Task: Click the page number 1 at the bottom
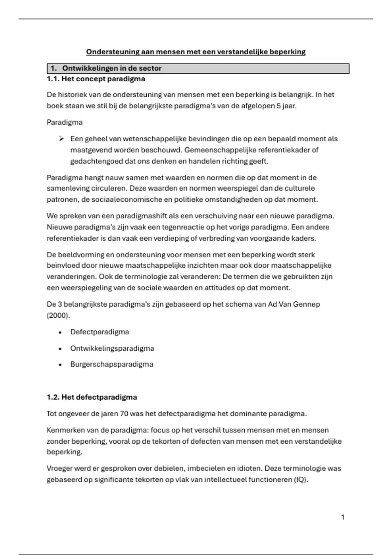point(343,517)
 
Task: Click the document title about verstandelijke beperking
point(196,52)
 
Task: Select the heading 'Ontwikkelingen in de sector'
point(112,69)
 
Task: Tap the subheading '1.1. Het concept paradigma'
point(96,79)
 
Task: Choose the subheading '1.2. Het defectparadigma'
point(92,397)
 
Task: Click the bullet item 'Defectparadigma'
point(100,332)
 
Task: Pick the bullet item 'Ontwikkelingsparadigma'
point(112,348)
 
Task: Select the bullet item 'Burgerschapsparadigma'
point(112,364)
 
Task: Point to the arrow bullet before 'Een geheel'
point(61,139)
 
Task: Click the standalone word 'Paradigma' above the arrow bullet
point(65,122)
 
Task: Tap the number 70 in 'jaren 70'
point(124,414)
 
